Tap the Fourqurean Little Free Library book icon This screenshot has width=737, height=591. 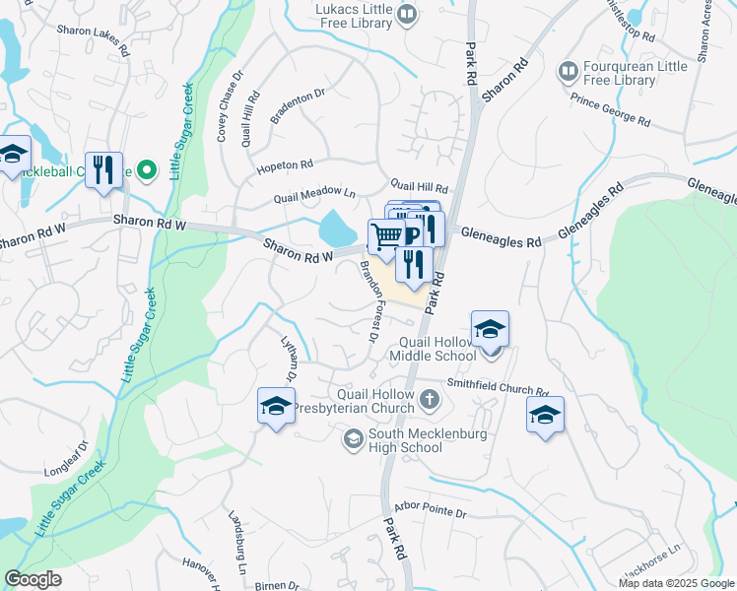pyautogui.click(x=569, y=71)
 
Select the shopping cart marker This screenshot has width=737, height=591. pyautogui.click(x=386, y=236)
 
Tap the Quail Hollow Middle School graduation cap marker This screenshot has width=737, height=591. pyautogui.click(x=490, y=331)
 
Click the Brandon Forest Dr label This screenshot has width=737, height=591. pyautogui.click(x=368, y=301)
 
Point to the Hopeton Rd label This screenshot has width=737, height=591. pyautogui.click(x=285, y=165)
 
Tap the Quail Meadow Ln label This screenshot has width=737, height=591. pyautogui.click(x=314, y=196)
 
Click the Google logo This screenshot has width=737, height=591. pyautogui.click(x=33, y=579)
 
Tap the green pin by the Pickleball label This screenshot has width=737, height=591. pyautogui.click(x=148, y=170)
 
